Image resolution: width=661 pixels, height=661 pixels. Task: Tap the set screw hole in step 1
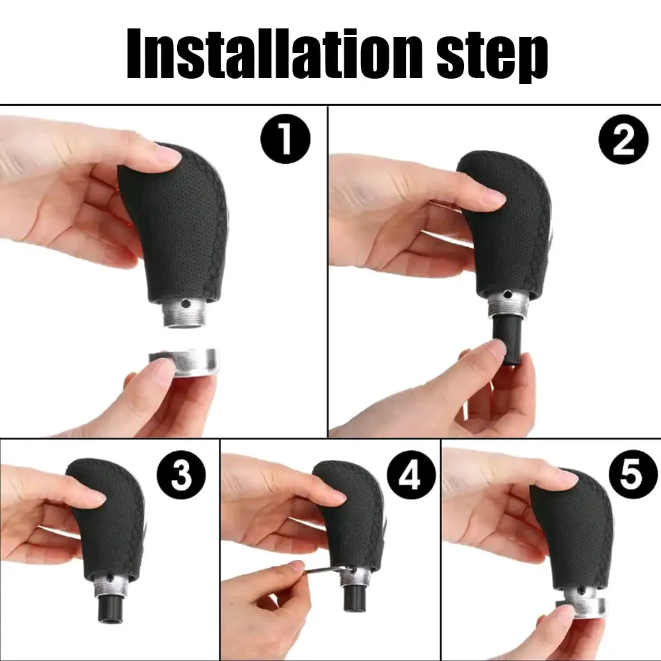tap(188, 305)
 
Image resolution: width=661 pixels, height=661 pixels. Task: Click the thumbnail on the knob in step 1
tap(166, 156)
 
